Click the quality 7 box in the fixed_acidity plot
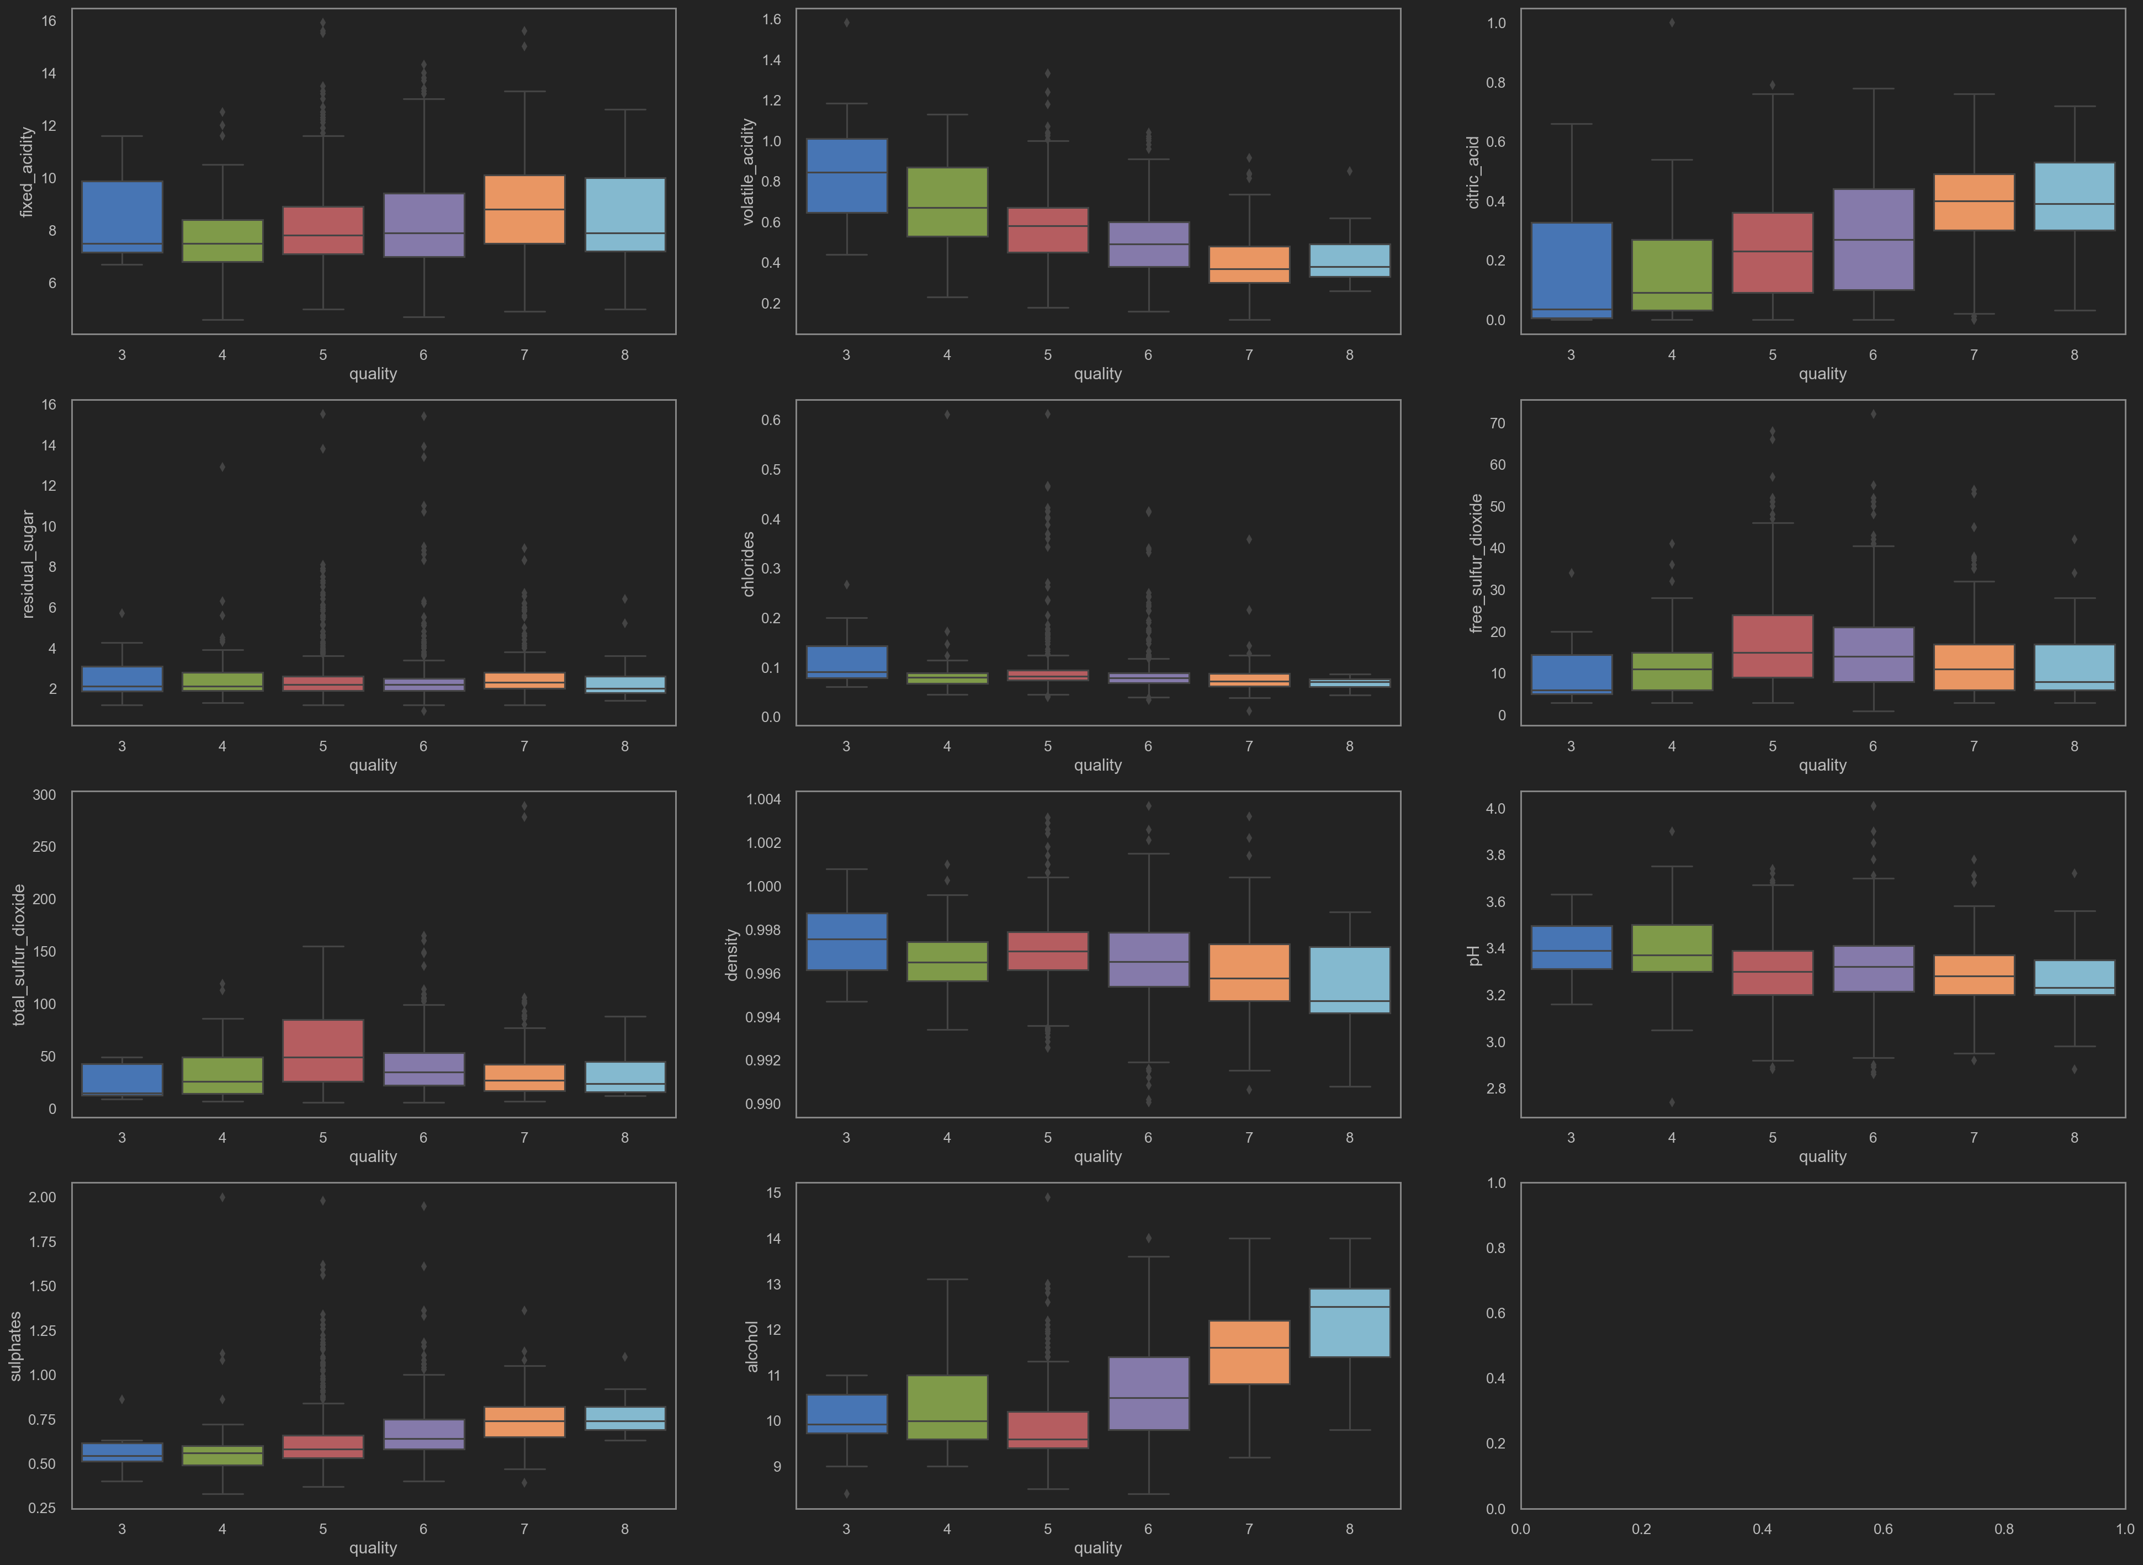click(x=524, y=209)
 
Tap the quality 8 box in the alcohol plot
click(x=1349, y=1323)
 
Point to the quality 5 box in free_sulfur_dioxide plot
click(x=1771, y=646)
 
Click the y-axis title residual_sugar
click(x=28, y=565)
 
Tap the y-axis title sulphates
click(x=15, y=1346)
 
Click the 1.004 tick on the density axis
click(x=763, y=799)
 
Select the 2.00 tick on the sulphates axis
click(x=42, y=1197)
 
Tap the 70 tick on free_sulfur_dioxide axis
click(x=1497, y=423)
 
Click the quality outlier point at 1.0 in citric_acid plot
click(x=1671, y=23)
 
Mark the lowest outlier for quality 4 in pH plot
click(x=1671, y=1102)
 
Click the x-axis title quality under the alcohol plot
click(x=1097, y=1548)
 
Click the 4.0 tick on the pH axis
click(x=1495, y=809)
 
